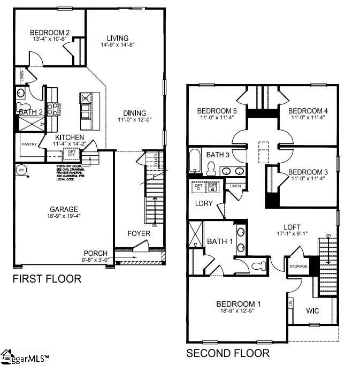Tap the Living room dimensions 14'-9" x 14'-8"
click(117, 45)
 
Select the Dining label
click(134, 113)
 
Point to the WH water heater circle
click(22, 170)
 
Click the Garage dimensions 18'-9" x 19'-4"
click(64, 216)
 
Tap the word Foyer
click(139, 234)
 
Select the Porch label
click(96, 253)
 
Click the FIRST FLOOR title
click(47, 279)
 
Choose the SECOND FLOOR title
click(227, 353)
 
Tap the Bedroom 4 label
click(308, 111)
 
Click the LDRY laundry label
click(204, 203)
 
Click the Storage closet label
click(298, 265)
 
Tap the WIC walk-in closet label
click(313, 310)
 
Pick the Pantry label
click(28, 145)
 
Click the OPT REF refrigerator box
click(71, 154)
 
